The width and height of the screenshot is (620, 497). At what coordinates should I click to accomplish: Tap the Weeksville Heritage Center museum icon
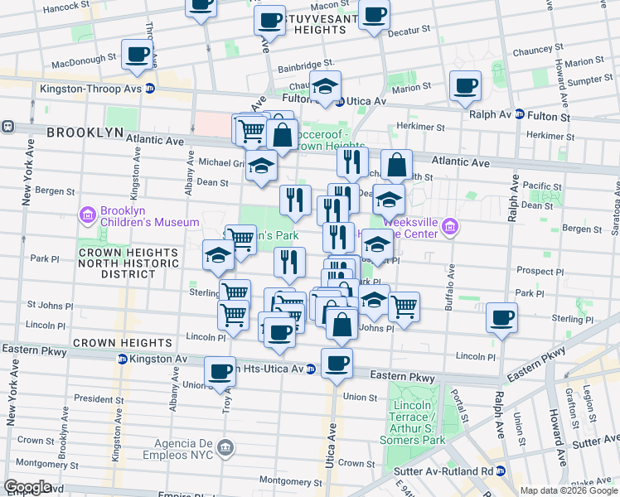click(x=449, y=226)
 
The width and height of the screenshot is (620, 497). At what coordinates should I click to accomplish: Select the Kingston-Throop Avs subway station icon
click(x=150, y=89)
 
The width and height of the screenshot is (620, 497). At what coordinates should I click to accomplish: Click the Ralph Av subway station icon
click(x=519, y=115)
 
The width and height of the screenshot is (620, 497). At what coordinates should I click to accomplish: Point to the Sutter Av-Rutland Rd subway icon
click(x=511, y=471)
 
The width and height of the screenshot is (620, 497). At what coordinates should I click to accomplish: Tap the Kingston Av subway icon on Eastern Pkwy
click(x=122, y=359)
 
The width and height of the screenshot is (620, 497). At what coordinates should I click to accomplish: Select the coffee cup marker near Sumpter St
click(x=465, y=85)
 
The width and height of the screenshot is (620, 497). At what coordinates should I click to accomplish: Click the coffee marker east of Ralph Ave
click(x=501, y=317)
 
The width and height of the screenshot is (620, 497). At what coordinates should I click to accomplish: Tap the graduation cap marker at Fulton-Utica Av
click(x=326, y=85)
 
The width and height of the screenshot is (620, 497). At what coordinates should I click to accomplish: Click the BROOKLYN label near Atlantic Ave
click(x=85, y=133)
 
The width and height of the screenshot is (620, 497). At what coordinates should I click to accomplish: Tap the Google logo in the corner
click(x=27, y=487)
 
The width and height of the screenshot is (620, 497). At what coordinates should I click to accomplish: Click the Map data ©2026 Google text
click(x=568, y=490)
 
